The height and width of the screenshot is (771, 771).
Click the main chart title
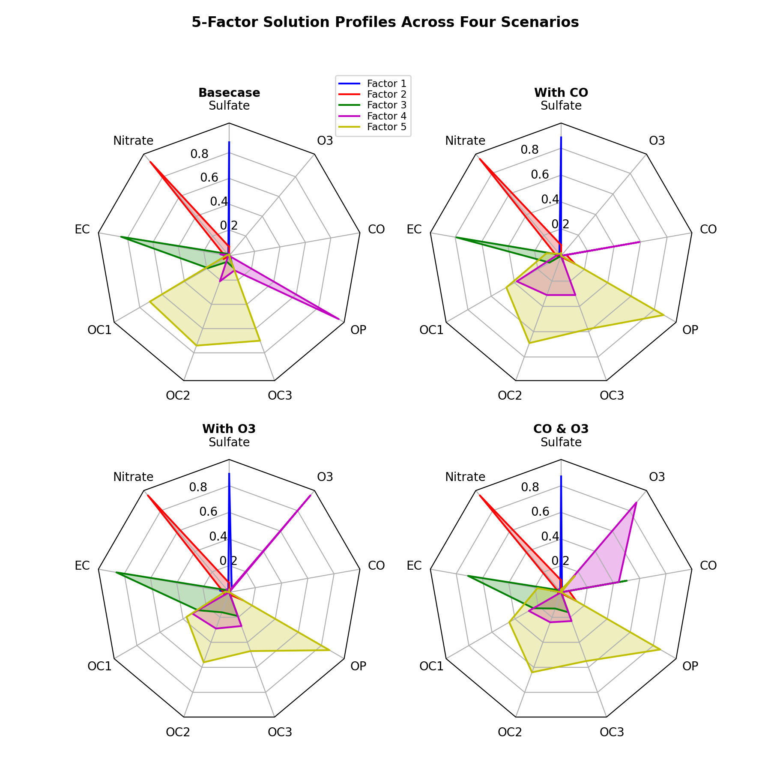(x=385, y=22)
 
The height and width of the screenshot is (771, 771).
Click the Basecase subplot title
(x=229, y=93)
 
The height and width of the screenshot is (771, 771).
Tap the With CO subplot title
(x=561, y=93)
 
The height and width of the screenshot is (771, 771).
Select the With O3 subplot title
(x=229, y=429)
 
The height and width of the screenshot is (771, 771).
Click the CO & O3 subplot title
(x=561, y=429)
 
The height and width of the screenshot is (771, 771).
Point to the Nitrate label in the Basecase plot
(x=133, y=140)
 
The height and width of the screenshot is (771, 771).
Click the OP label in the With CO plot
(x=690, y=329)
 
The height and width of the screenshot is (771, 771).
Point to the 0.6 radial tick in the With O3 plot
(x=208, y=512)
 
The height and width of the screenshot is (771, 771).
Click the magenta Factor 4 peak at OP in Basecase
(x=340, y=319)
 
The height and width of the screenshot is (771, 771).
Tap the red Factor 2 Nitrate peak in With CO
(x=479, y=159)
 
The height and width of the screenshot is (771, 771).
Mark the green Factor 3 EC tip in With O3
(x=116, y=572)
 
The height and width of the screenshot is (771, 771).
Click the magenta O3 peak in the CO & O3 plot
(x=636, y=502)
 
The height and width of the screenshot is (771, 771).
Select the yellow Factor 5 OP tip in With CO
(x=663, y=315)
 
